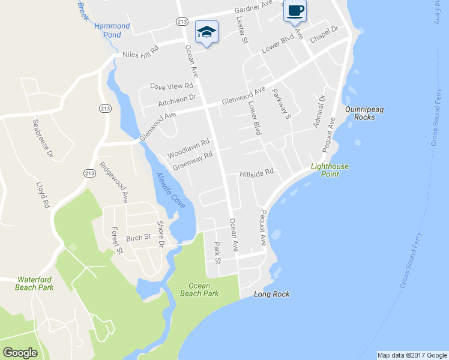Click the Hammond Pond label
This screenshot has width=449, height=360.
pos(112,31)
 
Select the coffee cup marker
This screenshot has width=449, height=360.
pos(294,11)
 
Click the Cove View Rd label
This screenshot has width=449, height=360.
pos(171,86)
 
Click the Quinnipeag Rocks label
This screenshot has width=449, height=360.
pos(360,113)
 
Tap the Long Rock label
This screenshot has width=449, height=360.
pos(271,294)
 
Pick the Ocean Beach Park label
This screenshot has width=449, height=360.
pos(199,289)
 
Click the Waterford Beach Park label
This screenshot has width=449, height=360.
pos(35,283)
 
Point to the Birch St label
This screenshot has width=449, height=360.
pos(139,238)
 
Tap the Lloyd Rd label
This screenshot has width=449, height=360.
pos(43,195)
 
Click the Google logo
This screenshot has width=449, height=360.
pos(20,353)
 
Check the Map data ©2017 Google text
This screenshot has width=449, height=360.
pos(412,355)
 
